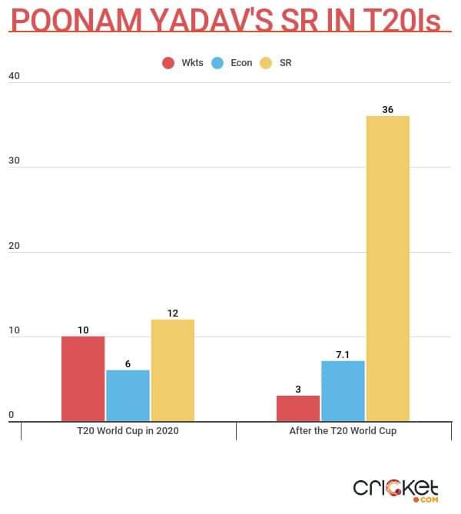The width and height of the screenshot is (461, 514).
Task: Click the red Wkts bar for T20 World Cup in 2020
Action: click(83, 379)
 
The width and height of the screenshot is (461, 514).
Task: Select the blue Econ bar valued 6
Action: click(128, 396)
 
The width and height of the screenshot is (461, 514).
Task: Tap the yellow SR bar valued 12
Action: click(172, 370)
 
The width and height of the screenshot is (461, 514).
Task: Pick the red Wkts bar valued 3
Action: click(297, 408)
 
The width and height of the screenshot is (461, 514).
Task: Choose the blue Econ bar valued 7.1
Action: click(342, 391)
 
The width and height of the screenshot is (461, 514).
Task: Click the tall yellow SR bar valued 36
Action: click(387, 269)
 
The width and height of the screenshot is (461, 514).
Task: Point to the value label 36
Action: click(387, 110)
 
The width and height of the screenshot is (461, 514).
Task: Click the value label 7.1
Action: click(343, 354)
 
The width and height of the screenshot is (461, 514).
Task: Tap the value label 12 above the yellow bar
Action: click(172, 313)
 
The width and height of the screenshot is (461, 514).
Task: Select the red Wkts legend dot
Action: click(168, 62)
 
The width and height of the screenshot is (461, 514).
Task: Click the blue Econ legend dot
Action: click(217, 62)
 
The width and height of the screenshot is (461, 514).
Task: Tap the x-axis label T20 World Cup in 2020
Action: click(128, 431)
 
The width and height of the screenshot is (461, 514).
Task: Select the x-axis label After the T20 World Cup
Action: click(343, 431)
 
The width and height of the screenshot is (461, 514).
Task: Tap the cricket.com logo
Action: click(395, 489)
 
